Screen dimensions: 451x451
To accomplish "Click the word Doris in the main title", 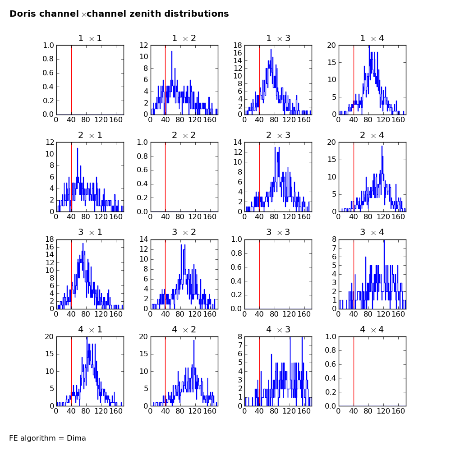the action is tap(24, 14).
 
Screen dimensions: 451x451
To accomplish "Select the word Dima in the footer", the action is tap(76, 438).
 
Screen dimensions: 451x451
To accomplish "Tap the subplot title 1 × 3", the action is tap(278, 38).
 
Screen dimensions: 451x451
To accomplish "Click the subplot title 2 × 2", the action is tap(184, 135).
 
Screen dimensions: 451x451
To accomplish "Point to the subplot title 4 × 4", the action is tap(372, 330).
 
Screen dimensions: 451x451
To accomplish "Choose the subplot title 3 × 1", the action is tap(90, 232).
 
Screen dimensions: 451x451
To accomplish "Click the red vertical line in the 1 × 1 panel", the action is tap(71, 80).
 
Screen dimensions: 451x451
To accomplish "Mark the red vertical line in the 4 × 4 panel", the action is tap(354, 371).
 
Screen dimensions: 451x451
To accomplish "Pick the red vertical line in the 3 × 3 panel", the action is tap(259, 274).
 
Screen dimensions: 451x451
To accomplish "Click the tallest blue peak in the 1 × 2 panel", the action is tap(172, 52).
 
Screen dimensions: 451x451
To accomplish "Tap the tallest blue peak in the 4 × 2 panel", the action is tap(194, 341).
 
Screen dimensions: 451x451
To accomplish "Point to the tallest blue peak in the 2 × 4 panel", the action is tap(382, 147).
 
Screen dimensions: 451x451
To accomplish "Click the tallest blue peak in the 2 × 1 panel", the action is tap(78, 149).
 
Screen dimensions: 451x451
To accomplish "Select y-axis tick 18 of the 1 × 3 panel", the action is tap(238, 46).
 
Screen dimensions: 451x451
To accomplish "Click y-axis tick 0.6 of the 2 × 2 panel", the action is tap(142, 170).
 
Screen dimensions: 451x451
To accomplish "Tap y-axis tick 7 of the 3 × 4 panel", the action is tap(334, 248).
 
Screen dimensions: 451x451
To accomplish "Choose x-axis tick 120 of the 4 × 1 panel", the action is tap(101, 411).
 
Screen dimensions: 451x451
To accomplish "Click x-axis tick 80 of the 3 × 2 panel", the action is tap(180, 314).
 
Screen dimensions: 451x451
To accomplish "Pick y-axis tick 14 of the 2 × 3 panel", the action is tap(238, 143).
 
